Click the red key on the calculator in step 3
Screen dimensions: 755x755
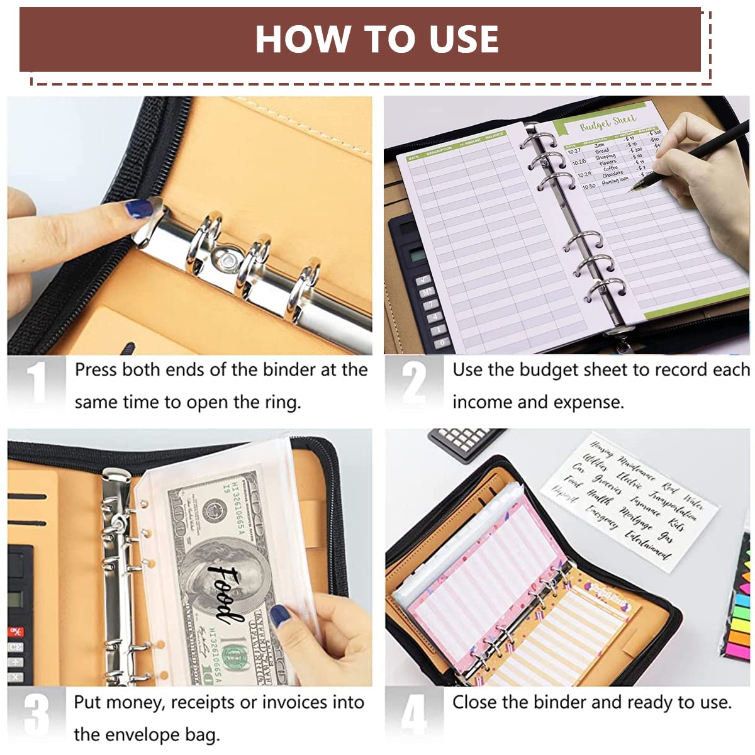click(x=16, y=631)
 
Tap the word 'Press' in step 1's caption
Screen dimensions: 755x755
click(x=96, y=369)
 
